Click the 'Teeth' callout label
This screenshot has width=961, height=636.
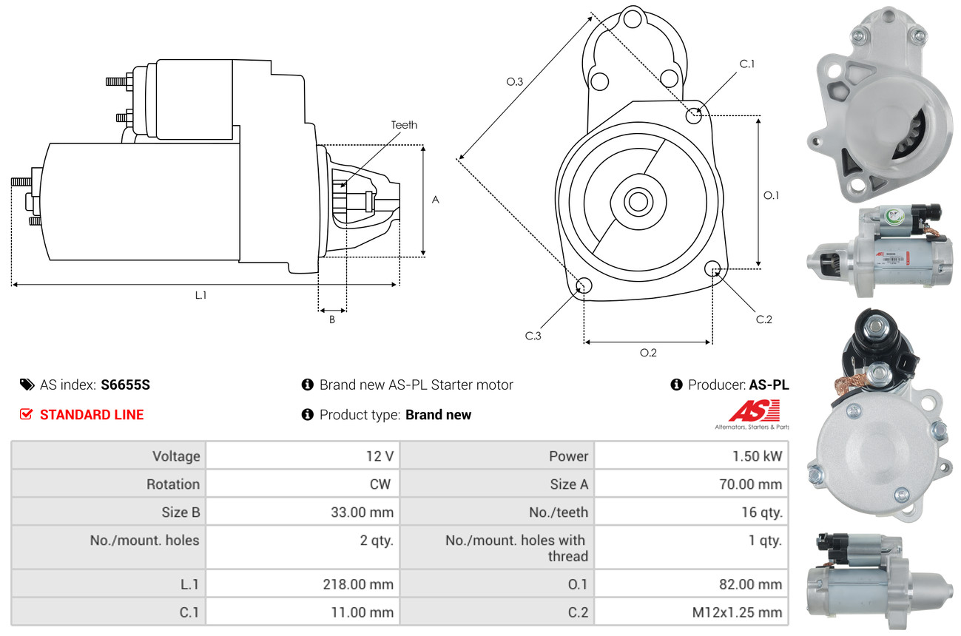(404, 125)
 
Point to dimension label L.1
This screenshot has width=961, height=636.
(200, 295)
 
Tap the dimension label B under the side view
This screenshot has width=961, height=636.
(332, 320)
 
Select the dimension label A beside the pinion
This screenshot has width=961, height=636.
(436, 200)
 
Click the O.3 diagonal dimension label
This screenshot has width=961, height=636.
(515, 82)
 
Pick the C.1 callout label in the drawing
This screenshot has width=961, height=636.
(747, 64)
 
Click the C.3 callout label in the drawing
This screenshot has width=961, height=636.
(533, 336)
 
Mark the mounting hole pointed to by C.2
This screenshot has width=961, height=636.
(713, 268)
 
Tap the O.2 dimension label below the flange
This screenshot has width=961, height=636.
(648, 353)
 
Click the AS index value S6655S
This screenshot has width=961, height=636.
(125, 385)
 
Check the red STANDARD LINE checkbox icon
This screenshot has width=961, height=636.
(26, 414)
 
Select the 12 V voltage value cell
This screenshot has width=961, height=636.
(379, 456)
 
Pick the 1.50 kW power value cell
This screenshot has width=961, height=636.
(757, 456)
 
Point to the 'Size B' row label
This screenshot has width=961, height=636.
(181, 512)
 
